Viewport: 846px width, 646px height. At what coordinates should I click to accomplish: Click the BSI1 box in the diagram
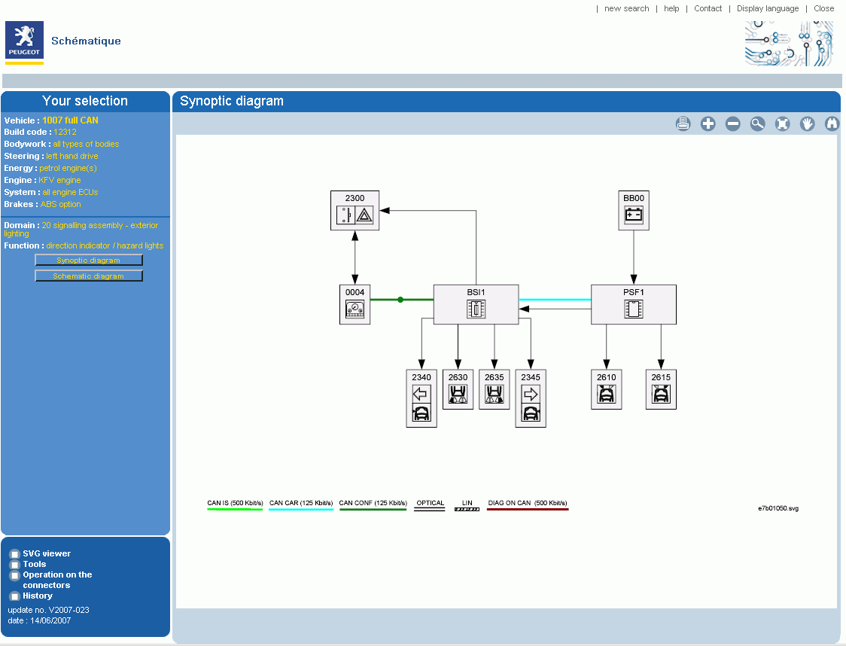(x=476, y=304)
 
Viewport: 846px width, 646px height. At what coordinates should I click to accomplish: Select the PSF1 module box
(x=634, y=304)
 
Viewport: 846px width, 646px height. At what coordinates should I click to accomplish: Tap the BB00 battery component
(x=634, y=211)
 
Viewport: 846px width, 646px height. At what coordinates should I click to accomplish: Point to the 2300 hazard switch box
(x=355, y=211)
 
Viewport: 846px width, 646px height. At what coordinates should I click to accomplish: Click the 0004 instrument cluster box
(x=355, y=304)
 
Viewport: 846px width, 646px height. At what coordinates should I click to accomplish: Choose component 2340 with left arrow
(x=421, y=398)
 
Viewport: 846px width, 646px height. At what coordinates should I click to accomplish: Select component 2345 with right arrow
(x=531, y=398)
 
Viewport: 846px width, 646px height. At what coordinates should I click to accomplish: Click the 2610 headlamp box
(x=607, y=389)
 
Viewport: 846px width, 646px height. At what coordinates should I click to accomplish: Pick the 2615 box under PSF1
(x=661, y=389)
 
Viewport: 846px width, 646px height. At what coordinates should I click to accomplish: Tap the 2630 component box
(x=458, y=389)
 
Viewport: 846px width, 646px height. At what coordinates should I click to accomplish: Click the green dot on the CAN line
(x=400, y=300)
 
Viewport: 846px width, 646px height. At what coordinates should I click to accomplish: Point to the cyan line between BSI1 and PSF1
(x=555, y=300)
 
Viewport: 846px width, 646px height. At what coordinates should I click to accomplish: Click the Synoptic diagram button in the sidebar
(x=89, y=260)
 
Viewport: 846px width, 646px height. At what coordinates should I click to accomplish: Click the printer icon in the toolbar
(x=683, y=124)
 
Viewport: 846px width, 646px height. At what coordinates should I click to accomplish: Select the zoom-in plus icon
(x=708, y=124)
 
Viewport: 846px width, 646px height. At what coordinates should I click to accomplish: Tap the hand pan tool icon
(x=807, y=124)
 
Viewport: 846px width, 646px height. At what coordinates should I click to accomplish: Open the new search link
(x=627, y=8)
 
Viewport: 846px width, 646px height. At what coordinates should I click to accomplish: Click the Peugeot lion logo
(x=24, y=40)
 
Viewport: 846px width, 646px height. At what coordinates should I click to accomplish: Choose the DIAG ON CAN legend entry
(x=528, y=504)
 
